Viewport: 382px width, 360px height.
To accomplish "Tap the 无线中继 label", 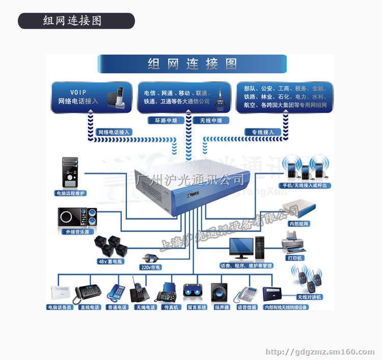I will (210, 121).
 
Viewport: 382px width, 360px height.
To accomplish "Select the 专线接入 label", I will (262, 132).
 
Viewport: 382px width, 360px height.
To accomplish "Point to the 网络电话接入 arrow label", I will (114, 132).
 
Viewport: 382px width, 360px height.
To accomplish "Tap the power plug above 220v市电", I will (150, 256).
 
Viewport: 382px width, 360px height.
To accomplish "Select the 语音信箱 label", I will (246, 307).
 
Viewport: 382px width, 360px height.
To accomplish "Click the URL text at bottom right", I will (320, 352).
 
